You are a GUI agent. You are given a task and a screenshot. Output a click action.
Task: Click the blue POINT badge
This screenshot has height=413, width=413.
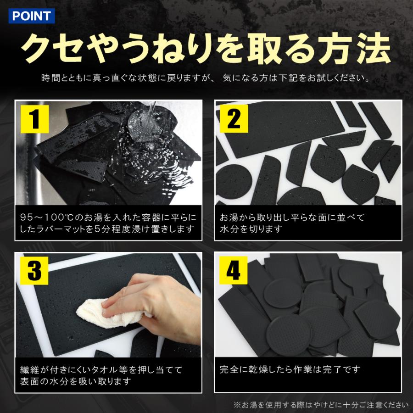tap(32, 16)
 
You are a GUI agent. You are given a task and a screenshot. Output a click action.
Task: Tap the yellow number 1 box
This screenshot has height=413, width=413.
tap(34, 119)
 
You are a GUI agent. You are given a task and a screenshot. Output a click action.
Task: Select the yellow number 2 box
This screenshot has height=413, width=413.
tap(234, 118)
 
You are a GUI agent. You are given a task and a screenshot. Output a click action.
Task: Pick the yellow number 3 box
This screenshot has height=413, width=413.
tap(34, 271)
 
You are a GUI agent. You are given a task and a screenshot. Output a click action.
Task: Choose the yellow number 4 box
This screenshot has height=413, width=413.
tap(234, 270)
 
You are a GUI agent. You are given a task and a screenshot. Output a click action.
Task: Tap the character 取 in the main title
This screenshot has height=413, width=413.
tap(266, 49)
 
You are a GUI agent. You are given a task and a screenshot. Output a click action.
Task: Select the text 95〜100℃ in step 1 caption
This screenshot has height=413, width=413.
tap(44, 218)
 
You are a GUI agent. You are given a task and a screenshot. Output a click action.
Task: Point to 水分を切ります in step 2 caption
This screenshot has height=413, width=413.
tap(251, 229)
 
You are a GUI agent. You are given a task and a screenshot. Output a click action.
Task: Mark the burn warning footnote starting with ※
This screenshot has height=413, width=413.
tap(321, 405)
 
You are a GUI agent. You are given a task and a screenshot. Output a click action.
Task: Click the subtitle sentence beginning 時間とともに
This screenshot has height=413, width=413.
tap(206, 78)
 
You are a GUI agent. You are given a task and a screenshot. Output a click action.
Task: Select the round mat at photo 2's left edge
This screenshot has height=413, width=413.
tap(234, 182)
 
